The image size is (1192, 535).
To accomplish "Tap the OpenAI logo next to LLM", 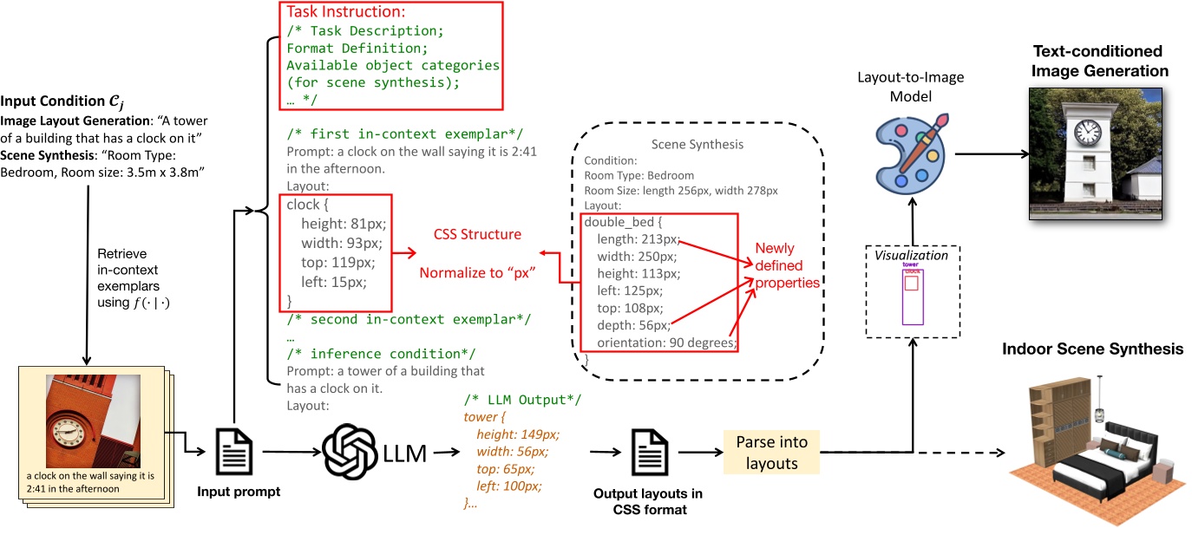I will [x=350, y=452].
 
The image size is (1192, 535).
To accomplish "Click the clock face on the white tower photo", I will [x=1087, y=133].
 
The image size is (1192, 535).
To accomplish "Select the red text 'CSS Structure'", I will [x=478, y=234].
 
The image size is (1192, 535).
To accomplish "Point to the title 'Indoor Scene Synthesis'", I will [x=1092, y=349].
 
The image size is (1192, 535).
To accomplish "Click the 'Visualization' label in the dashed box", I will [x=911, y=256].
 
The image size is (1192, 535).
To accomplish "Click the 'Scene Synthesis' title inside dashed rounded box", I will [x=698, y=145].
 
